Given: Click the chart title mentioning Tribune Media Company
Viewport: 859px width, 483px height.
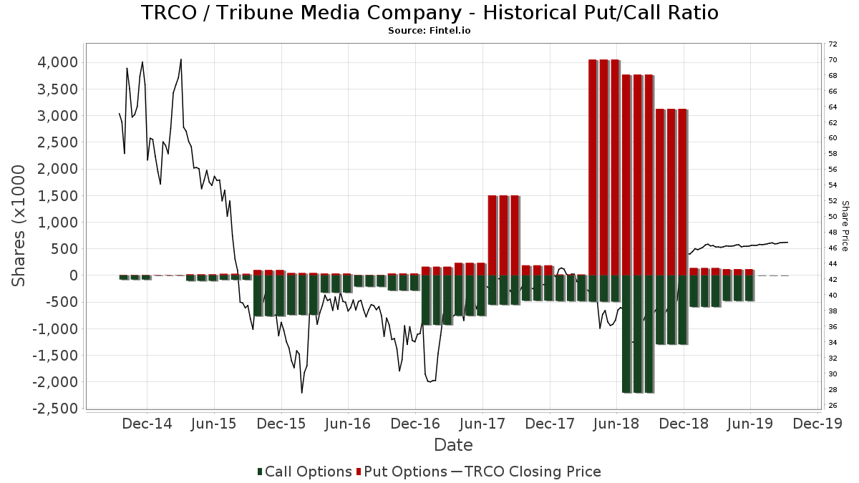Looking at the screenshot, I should tap(429, 13).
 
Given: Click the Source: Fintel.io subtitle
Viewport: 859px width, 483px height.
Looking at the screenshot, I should tap(429, 31).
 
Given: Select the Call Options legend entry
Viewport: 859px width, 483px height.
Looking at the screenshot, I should tap(304, 472).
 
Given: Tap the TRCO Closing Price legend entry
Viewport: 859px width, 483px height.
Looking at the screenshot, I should tap(526, 472).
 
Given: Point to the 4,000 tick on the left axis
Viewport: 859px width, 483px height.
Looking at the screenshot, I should tap(57, 62).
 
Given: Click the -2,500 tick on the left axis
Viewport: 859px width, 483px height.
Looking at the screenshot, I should tap(54, 409).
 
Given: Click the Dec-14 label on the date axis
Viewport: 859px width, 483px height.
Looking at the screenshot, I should tap(147, 424).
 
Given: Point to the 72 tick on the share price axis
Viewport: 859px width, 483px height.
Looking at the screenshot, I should tap(833, 44).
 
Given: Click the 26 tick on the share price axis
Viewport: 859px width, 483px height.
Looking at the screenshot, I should tap(833, 406).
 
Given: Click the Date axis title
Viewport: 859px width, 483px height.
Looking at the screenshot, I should tap(453, 445).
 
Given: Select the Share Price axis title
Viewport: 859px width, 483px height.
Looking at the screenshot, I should tap(845, 225).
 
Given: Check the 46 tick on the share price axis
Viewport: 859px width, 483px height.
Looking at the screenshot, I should tap(833, 248).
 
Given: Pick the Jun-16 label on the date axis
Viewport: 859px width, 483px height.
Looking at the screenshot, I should tap(348, 424).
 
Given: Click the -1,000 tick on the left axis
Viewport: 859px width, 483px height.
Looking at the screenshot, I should tap(54, 328).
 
